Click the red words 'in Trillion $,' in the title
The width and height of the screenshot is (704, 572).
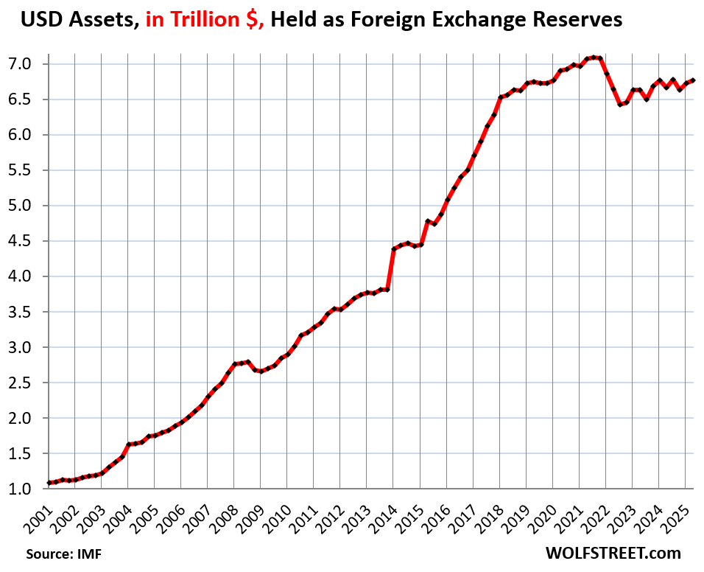pos(205,19)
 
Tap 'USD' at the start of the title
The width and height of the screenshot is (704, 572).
pos(41,19)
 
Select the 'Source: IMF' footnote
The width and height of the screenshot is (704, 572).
pos(64,554)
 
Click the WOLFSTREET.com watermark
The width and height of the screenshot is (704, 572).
pos(613,553)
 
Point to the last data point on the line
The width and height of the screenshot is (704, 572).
pos(694,81)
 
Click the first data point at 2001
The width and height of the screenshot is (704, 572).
pos(49,483)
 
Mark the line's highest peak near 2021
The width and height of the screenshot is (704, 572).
pos(594,57)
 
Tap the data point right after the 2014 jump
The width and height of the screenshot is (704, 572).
pos(394,249)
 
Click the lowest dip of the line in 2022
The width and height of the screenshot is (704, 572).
pos(620,105)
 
